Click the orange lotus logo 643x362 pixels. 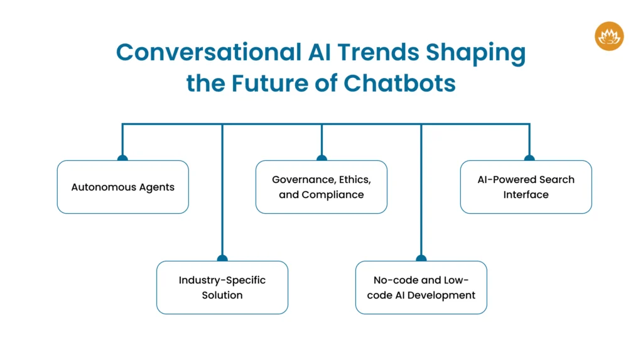608,36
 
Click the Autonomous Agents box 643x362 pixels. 122,187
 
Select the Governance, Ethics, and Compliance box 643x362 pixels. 321,187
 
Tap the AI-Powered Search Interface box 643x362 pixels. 526,187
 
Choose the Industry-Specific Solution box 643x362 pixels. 222,287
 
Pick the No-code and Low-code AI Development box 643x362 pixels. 421,287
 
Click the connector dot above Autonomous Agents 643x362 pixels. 122,158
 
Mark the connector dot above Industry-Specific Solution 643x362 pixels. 222,258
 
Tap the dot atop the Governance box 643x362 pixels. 321,158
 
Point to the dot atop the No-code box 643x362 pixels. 421,258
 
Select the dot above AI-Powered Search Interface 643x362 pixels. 529,158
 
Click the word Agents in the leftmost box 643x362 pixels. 158,187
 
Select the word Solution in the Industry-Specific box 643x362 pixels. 222,295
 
